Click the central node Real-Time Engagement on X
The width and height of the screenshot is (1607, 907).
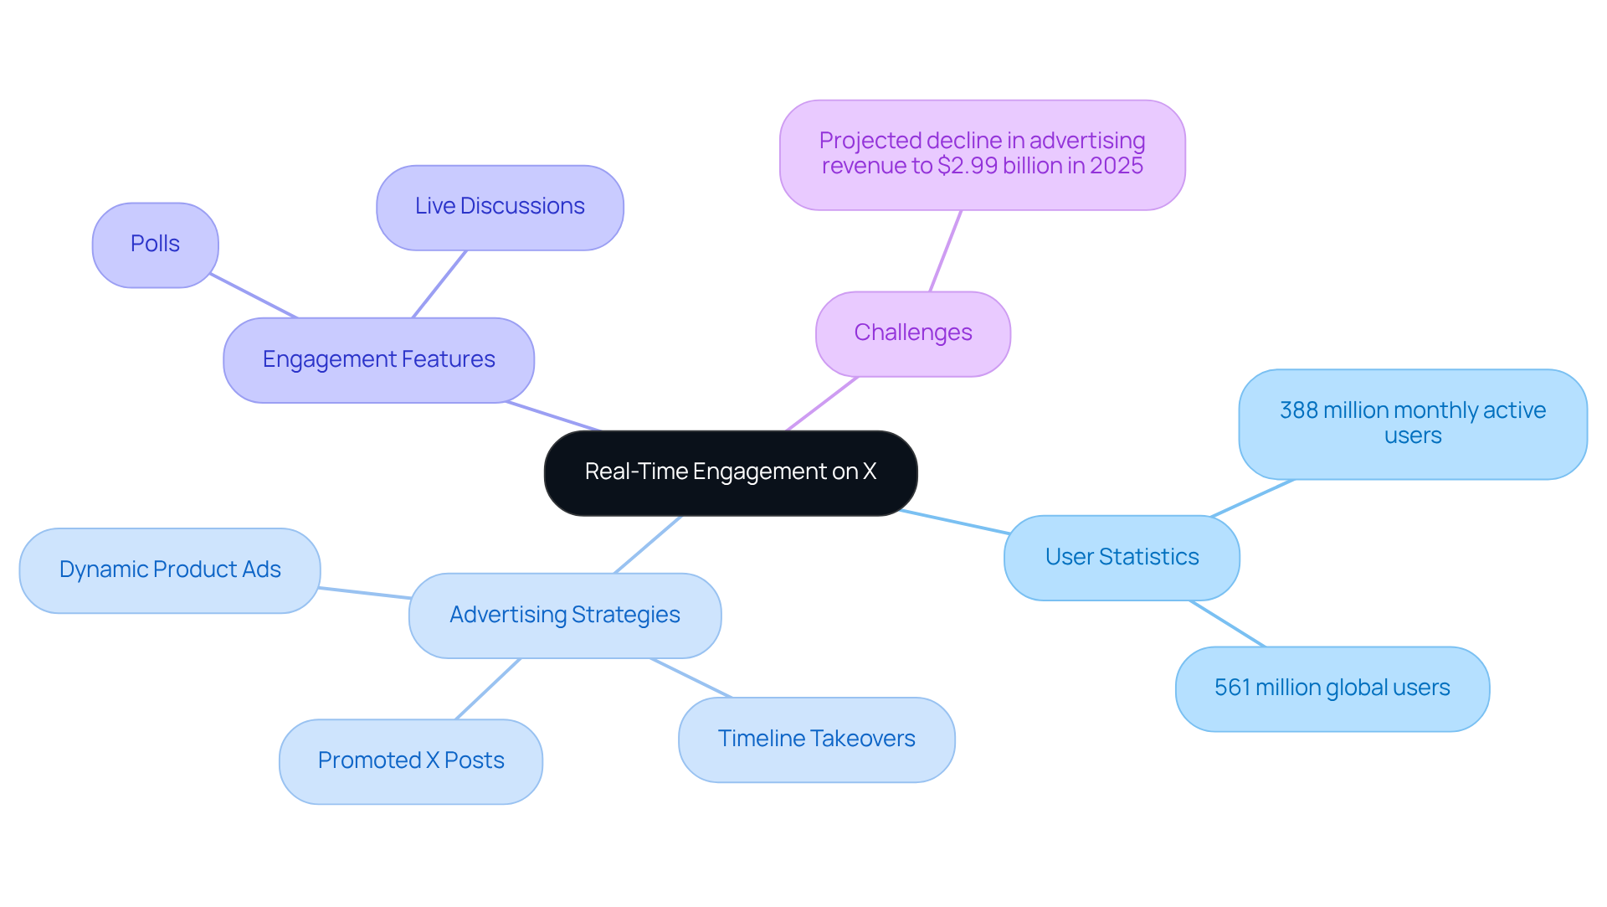click(x=730, y=472)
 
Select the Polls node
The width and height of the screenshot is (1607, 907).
click(x=155, y=245)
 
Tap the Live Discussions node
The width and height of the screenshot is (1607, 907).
click(x=500, y=207)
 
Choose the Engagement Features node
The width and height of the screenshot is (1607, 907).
click(x=378, y=360)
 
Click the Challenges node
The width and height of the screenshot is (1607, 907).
click(x=912, y=333)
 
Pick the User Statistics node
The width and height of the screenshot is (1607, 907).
click(x=1122, y=558)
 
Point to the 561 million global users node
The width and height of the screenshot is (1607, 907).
click(x=1332, y=688)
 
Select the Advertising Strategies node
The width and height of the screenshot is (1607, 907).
click(x=564, y=616)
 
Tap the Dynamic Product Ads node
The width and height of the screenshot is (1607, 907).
click(x=170, y=570)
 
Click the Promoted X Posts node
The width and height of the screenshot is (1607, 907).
click(x=411, y=761)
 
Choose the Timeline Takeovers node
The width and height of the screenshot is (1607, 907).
click(x=816, y=740)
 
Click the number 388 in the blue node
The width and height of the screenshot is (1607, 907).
click(x=1298, y=410)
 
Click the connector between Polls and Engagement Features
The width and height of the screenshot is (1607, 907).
click(x=254, y=296)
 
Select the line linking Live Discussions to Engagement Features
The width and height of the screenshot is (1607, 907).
click(x=439, y=284)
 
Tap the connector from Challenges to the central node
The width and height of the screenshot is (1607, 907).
click(x=822, y=404)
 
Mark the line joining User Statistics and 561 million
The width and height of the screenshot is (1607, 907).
click(x=1227, y=623)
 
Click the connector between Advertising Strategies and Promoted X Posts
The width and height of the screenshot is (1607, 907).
click(x=488, y=688)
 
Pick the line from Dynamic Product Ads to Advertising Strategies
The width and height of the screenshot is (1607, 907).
click(x=364, y=593)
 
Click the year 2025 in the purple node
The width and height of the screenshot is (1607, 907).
click(x=1116, y=166)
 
